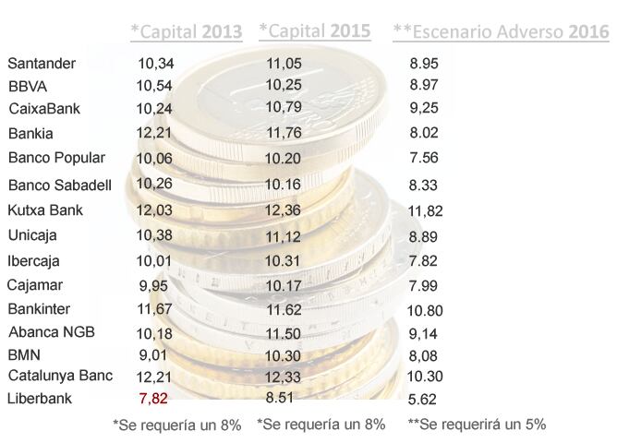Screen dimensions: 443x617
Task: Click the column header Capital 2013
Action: pyautogui.click(x=186, y=32)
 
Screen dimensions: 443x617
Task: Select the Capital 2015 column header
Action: pyautogui.click(x=314, y=31)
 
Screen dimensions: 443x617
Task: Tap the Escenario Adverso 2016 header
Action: pyautogui.click(x=501, y=32)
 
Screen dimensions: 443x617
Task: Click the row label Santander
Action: pyautogui.click(x=42, y=64)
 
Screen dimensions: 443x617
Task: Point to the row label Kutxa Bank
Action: pyautogui.click(x=45, y=210)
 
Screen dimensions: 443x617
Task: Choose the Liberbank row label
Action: pyautogui.click(x=39, y=399)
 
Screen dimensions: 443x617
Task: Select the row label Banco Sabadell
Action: pyautogui.click(x=60, y=186)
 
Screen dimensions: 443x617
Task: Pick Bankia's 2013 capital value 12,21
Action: pyautogui.click(x=153, y=133)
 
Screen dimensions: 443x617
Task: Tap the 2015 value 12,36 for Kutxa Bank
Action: pyautogui.click(x=283, y=210)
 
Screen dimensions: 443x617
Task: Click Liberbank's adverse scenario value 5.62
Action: pyautogui.click(x=421, y=400)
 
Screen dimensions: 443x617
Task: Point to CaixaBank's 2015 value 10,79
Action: pyautogui.click(x=284, y=108)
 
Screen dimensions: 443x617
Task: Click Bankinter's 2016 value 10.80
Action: pyautogui.click(x=425, y=309)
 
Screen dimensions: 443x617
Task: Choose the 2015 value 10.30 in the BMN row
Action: pyautogui.click(x=283, y=354)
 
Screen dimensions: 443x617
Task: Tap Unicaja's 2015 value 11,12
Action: pyautogui.click(x=283, y=237)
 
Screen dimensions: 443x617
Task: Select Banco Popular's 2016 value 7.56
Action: pyautogui.click(x=421, y=157)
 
